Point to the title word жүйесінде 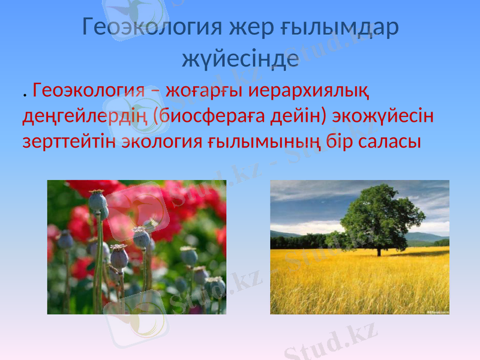pyautogui.click(x=240, y=58)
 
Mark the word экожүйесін pyautogui.click(x=385, y=116)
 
